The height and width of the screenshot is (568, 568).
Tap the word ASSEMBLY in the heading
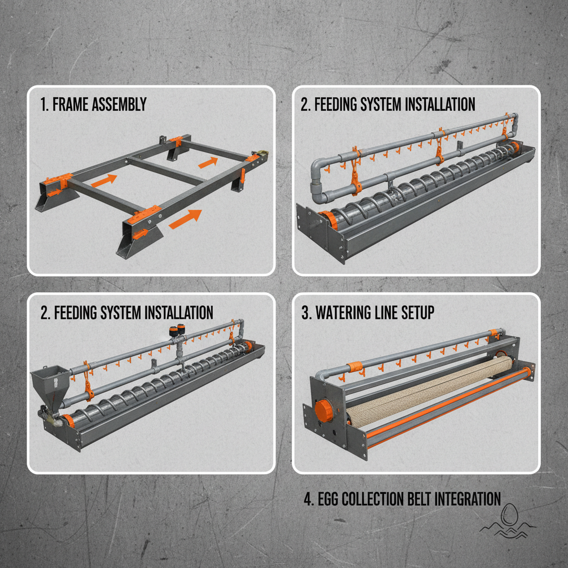[119, 104]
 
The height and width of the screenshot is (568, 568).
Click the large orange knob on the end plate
[324, 411]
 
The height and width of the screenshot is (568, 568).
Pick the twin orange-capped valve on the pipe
[177, 331]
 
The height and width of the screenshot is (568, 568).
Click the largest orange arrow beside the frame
[185, 219]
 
